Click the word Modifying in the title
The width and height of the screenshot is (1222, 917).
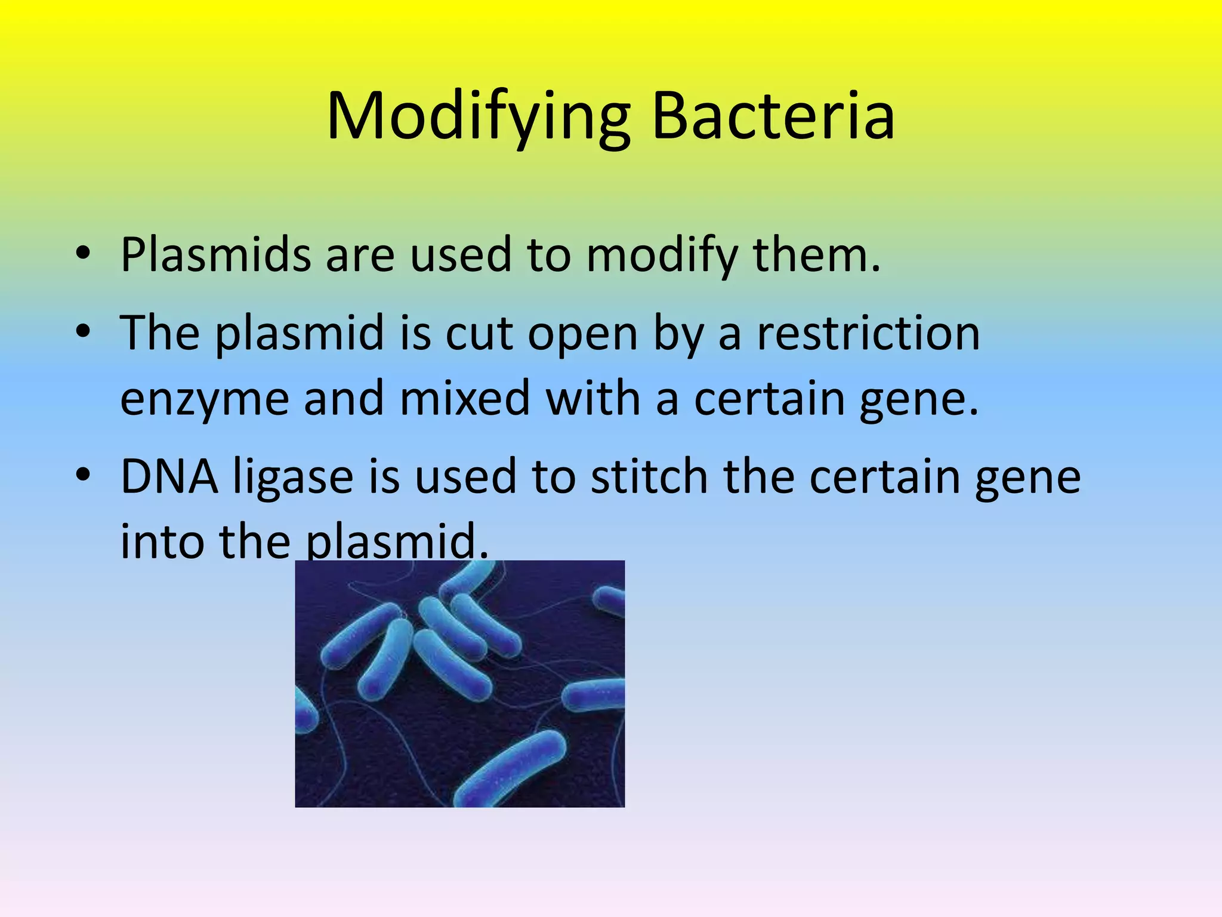pos(478,117)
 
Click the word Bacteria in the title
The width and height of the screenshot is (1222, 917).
pos(773,117)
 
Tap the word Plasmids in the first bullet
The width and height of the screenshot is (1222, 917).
pos(215,255)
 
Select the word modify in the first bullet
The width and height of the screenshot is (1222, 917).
pos(662,255)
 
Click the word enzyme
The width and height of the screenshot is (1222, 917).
pos(205,399)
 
